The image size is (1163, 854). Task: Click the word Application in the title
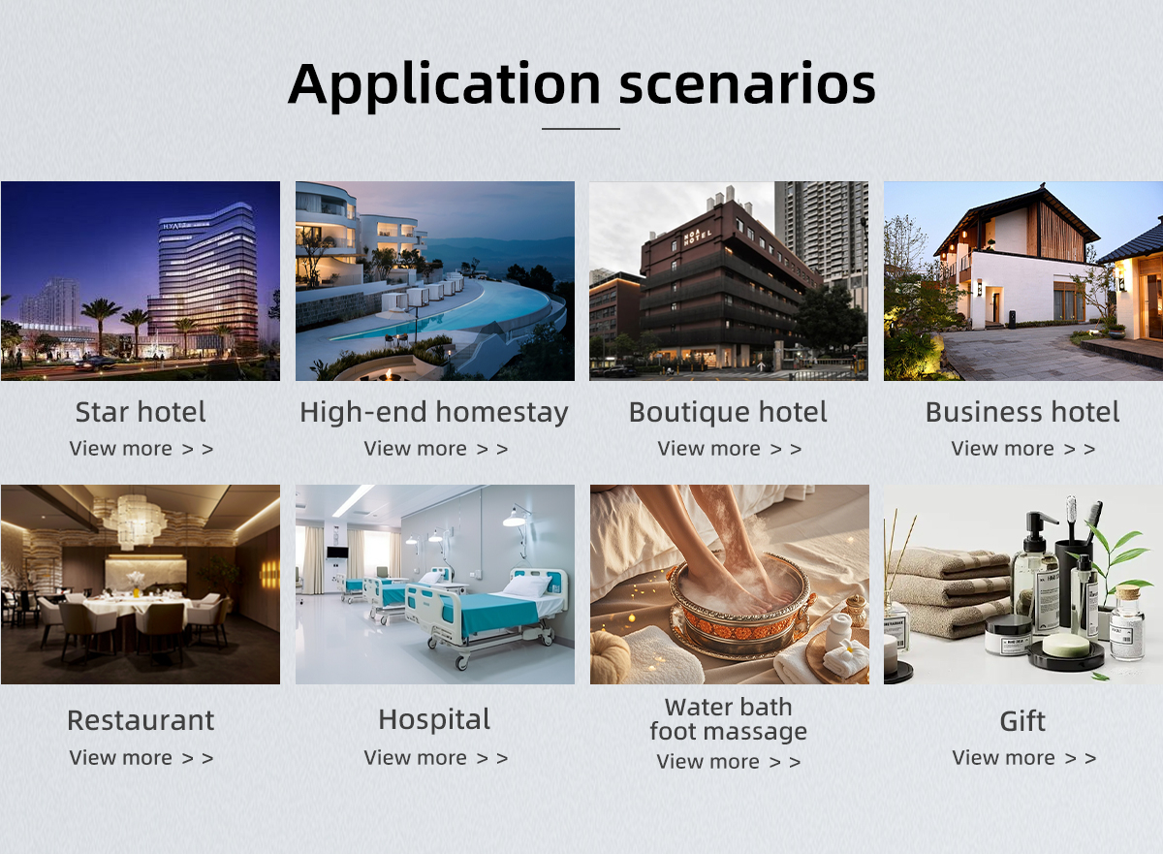coord(445,85)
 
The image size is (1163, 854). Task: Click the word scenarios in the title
coord(747,84)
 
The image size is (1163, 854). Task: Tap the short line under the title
coord(581,128)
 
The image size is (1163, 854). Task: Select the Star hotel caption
coord(141,412)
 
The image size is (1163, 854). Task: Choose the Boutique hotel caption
coord(728,412)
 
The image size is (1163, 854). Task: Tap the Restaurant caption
coord(141,720)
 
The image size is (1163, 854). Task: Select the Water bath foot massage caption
coord(729,719)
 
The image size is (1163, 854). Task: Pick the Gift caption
coord(1022,721)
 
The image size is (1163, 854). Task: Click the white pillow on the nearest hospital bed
coord(526,585)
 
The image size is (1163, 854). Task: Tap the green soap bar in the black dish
coord(1066,645)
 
